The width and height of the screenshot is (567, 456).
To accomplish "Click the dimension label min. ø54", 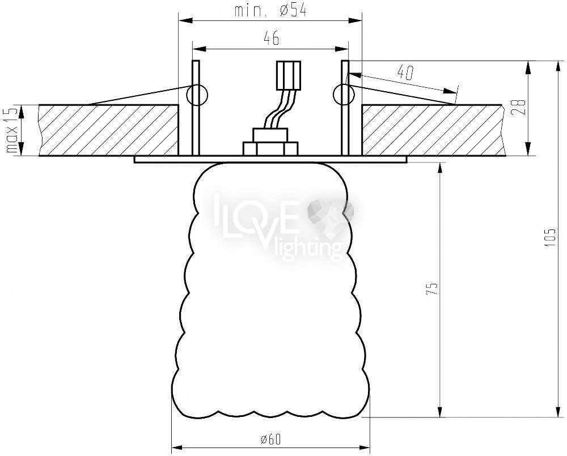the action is (270, 11).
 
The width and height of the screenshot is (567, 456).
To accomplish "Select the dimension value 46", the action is (272, 38).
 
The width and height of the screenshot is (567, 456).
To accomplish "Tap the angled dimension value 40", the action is (405, 73).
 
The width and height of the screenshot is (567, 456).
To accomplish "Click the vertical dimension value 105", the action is (550, 237).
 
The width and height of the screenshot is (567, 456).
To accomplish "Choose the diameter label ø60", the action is (270, 439).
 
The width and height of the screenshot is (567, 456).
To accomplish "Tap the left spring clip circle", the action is (197, 95).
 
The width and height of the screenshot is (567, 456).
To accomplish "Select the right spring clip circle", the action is (344, 95).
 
